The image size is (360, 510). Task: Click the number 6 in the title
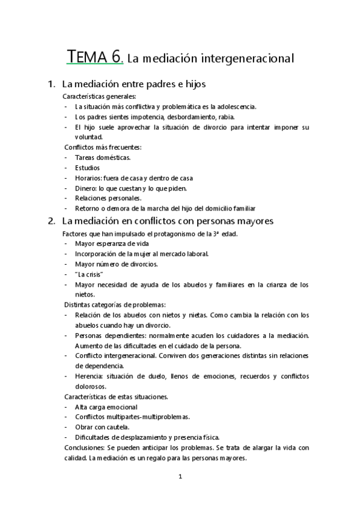[116, 58]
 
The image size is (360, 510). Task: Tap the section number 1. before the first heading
[52, 85]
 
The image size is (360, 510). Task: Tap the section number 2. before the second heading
[52, 221]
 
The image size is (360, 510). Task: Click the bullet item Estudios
[88, 167]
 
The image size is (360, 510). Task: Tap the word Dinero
[85, 188]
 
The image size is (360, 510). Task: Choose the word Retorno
[88, 208]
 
